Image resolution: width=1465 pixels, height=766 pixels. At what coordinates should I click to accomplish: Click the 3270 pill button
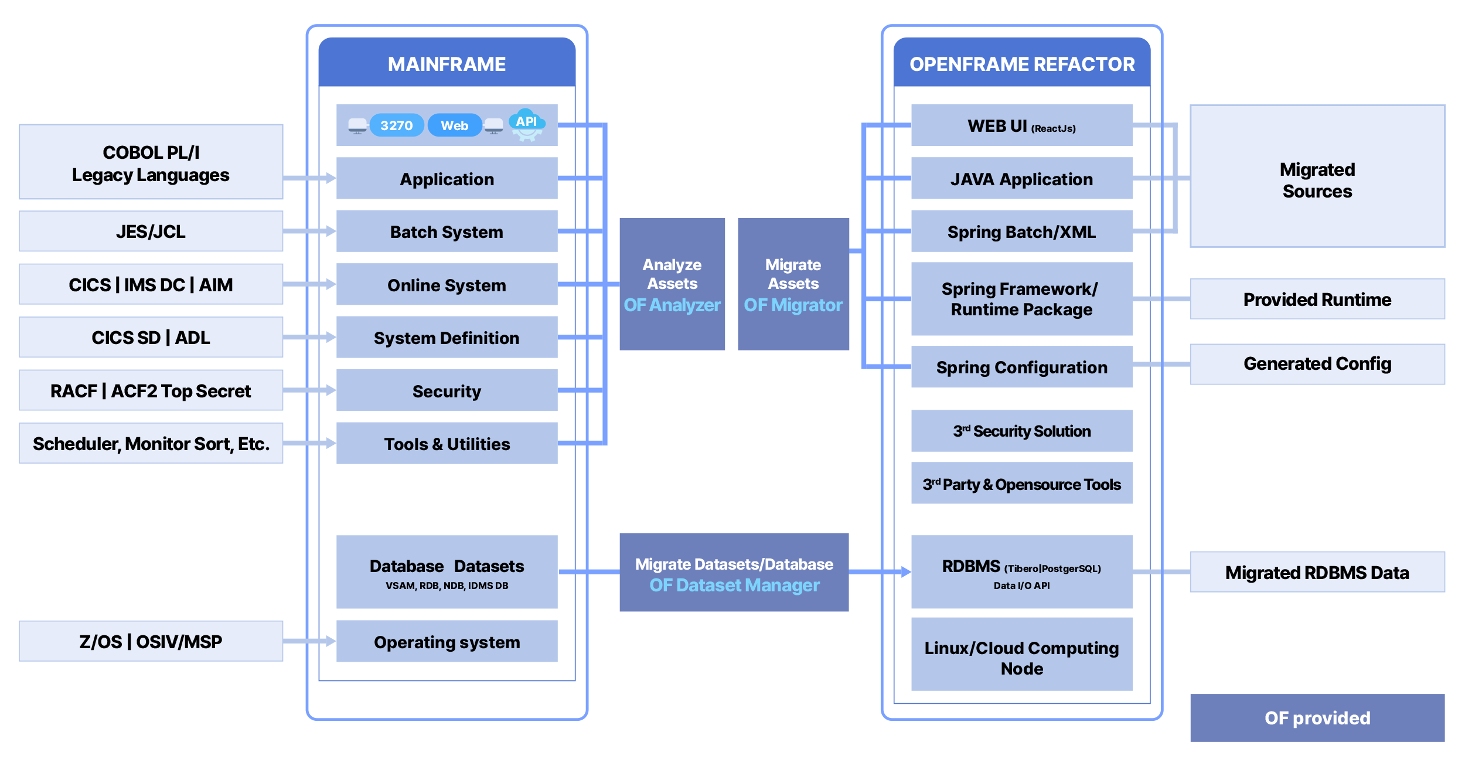tap(397, 125)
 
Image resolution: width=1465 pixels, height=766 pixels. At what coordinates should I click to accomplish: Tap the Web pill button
tap(455, 125)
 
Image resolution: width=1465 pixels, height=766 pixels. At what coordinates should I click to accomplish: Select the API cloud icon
tap(527, 123)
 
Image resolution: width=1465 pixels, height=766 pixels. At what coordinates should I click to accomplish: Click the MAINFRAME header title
tap(447, 64)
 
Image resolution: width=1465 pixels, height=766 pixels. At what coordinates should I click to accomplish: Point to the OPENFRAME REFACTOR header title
tap(1022, 64)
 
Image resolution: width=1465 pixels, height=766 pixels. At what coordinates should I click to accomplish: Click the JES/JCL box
tap(151, 231)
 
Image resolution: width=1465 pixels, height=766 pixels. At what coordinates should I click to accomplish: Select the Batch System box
tap(447, 231)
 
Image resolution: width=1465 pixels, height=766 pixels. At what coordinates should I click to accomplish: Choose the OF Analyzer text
tap(672, 305)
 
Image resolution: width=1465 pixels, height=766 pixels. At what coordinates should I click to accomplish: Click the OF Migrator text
tap(793, 305)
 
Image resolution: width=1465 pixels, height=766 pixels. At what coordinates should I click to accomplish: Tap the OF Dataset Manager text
tap(734, 585)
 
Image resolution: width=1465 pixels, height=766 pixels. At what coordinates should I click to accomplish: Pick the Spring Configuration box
tap(1021, 367)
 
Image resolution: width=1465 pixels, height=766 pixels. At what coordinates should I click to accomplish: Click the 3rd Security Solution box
tap(1021, 431)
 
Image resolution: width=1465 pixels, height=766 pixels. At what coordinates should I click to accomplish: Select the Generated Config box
tap(1317, 364)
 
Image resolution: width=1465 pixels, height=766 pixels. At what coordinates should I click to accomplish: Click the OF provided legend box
tap(1317, 718)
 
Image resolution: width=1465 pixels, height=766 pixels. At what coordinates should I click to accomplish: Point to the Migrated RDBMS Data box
tap(1317, 572)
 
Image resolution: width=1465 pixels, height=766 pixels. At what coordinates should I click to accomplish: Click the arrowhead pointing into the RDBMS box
tap(906, 571)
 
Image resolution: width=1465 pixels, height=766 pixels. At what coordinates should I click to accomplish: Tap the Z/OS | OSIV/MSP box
tap(151, 642)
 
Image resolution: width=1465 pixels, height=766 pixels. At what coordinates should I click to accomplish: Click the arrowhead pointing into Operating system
tap(331, 641)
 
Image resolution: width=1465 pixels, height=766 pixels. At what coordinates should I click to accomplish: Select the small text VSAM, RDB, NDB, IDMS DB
tap(447, 585)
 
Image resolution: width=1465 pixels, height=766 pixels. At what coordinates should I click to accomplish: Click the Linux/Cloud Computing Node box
tap(1021, 658)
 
